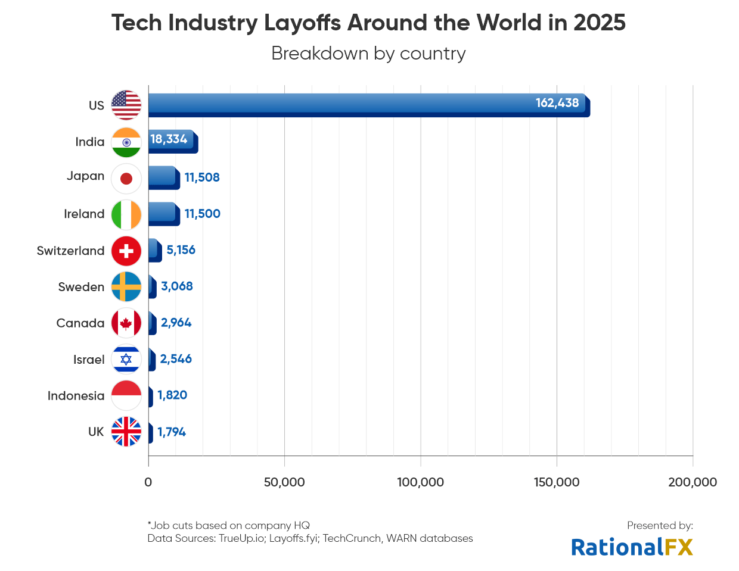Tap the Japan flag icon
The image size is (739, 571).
(x=126, y=179)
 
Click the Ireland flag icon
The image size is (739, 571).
(x=126, y=215)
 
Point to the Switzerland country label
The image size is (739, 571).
(x=70, y=251)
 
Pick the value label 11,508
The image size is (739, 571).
(x=202, y=177)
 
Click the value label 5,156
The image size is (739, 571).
(x=181, y=250)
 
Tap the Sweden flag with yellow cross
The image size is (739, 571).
(x=126, y=287)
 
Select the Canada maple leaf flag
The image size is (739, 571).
(x=126, y=323)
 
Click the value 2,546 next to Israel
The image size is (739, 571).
(x=176, y=359)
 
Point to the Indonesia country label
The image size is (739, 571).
(x=76, y=396)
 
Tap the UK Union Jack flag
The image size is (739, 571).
(x=126, y=432)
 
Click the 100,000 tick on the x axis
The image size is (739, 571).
(x=420, y=482)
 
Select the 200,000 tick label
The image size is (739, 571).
(x=693, y=482)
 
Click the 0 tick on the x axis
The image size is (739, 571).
(x=148, y=482)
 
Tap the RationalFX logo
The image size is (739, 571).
(x=632, y=547)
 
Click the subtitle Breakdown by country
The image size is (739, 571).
(x=368, y=54)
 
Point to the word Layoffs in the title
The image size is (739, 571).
(x=302, y=23)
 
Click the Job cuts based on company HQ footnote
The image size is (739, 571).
(x=229, y=525)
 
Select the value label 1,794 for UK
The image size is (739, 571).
(x=172, y=432)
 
